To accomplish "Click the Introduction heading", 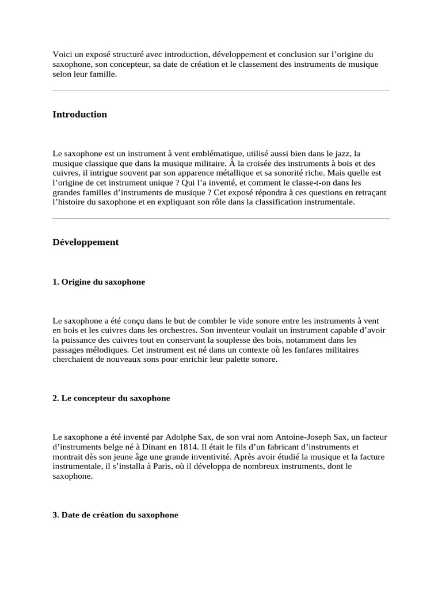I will point(79,114).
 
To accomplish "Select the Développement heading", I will point(85,242).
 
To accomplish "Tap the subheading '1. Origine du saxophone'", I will point(98,282).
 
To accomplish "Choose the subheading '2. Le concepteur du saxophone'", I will point(111,398).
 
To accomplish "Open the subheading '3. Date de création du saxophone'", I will point(115,515).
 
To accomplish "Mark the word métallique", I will point(237,173).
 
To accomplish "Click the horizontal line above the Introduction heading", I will point(221,90).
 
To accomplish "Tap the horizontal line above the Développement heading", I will point(221,218).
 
